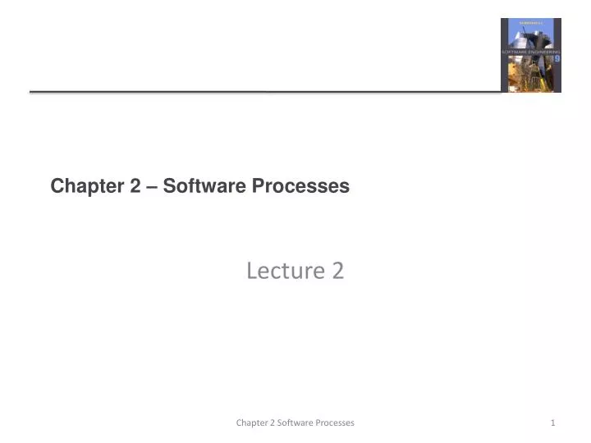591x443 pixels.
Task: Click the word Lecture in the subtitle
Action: [x=281, y=270]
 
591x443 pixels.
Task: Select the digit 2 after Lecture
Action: [x=337, y=270]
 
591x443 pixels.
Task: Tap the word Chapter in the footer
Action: [x=252, y=422]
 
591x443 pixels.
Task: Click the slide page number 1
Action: [x=553, y=422]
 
